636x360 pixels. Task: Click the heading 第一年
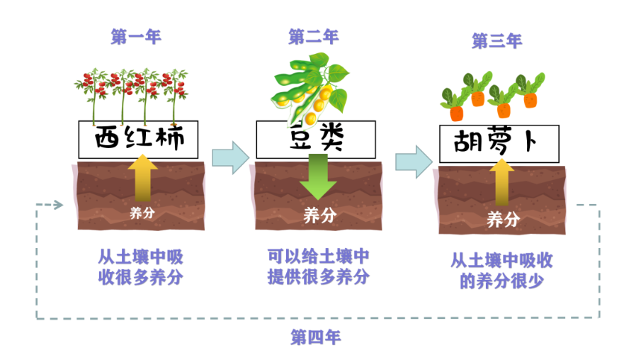(x=136, y=37)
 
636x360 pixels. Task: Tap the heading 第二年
(x=313, y=36)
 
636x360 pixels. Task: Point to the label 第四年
(x=316, y=338)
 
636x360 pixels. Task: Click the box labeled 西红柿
(x=139, y=139)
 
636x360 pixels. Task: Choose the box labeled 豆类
(x=316, y=139)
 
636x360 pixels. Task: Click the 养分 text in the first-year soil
(x=142, y=211)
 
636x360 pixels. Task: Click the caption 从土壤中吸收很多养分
(x=140, y=266)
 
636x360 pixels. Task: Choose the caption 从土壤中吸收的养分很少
(x=501, y=271)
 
